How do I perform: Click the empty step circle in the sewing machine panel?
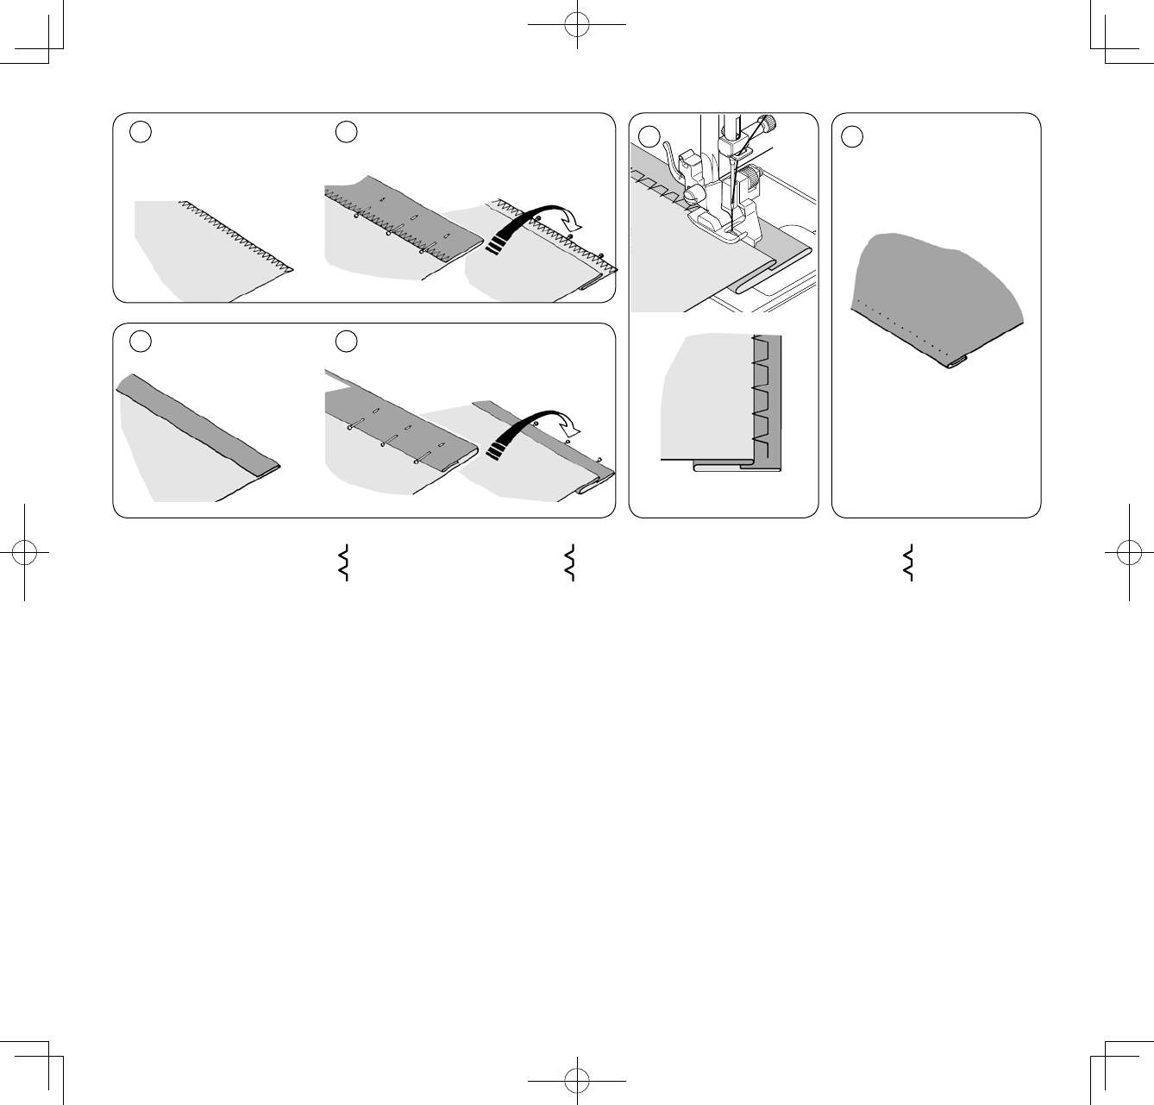pyautogui.click(x=649, y=135)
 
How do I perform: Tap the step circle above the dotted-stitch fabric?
pyautogui.click(x=852, y=136)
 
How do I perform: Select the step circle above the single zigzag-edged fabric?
pyautogui.click(x=141, y=131)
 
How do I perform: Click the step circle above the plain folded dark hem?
pyautogui.click(x=141, y=341)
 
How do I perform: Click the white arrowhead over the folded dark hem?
pyautogui.click(x=569, y=423)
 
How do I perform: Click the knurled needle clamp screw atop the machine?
pyautogui.click(x=765, y=122)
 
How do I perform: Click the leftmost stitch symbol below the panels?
pyautogui.click(x=343, y=563)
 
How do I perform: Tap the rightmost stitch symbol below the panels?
pyautogui.click(x=907, y=563)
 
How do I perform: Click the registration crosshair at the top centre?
pyautogui.click(x=577, y=25)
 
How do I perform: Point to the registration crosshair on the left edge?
pyautogui.click(x=25, y=552)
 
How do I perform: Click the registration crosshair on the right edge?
pyautogui.click(x=1129, y=552)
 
